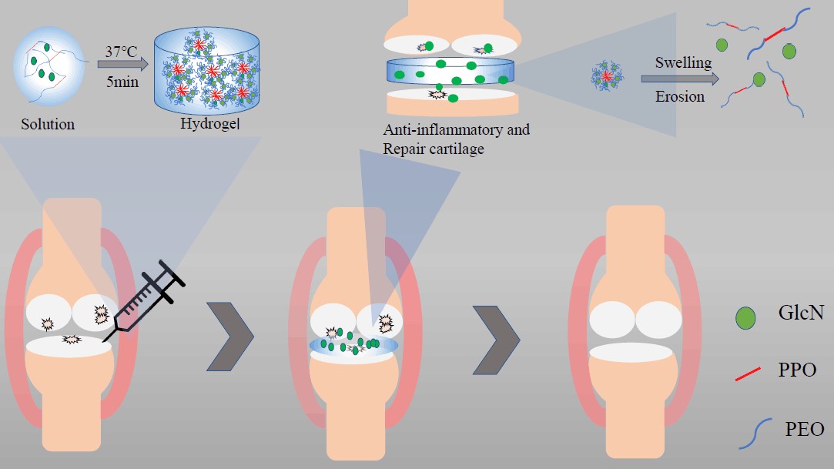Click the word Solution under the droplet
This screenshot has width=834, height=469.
[x=49, y=124]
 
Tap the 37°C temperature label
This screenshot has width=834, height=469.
[x=123, y=53]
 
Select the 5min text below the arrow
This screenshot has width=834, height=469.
[x=123, y=81]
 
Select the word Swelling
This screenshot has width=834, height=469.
[x=683, y=62]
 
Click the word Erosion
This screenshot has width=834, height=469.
[x=680, y=97]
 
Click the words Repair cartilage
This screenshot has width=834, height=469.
[x=434, y=149]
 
